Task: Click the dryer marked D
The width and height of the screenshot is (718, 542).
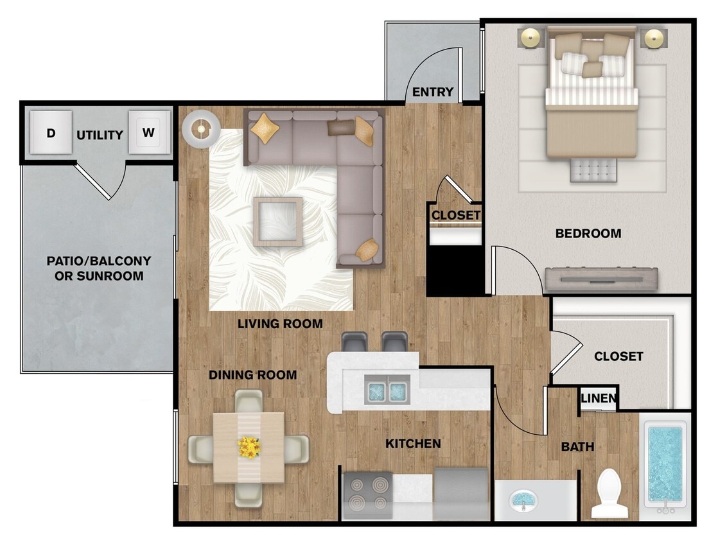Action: (x=51, y=132)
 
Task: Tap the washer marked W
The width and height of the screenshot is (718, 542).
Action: (x=149, y=132)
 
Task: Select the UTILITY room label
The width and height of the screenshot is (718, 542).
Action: (x=100, y=135)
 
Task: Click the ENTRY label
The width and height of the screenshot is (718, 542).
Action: (x=433, y=92)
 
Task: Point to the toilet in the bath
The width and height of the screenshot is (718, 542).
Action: (x=609, y=493)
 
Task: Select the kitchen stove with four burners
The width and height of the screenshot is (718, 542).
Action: (x=368, y=495)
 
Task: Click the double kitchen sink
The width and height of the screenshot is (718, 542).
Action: (x=387, y=390)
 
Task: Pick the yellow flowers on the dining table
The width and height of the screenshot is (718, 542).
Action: (x=249, y=447)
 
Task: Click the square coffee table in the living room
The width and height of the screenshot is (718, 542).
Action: (x=277, y=222)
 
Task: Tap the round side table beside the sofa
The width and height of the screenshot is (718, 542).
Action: (x=201, y=129)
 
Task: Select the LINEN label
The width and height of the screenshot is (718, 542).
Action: (x=599, y=398)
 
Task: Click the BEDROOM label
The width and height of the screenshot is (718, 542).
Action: (x=588, y=234)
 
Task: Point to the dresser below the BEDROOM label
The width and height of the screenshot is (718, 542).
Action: (x=601, y=279)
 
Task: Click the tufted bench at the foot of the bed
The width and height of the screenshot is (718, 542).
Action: (x=593, y=170)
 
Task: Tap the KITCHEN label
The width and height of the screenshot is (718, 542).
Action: (x=413, y=444)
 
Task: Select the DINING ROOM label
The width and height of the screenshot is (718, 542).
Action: (x=253, y=375)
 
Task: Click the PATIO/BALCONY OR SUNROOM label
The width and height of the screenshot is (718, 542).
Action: (x=99, y=268)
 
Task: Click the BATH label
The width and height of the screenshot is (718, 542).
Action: (x=578, y=446)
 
